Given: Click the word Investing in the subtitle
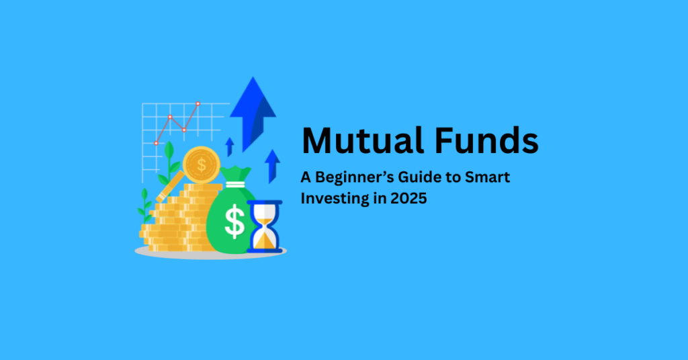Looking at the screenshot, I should tap(331, 199).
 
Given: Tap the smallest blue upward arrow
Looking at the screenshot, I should tap(229, 146).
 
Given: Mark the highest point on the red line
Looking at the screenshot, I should tap(198, 104).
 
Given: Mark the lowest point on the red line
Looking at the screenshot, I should tap(156, 143).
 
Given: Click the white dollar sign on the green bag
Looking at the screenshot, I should tap(234, 222).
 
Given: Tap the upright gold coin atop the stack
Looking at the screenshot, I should tap(200, 164).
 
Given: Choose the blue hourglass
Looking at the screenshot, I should tap(264, 226).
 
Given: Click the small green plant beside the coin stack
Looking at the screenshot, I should tap(144, 205).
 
